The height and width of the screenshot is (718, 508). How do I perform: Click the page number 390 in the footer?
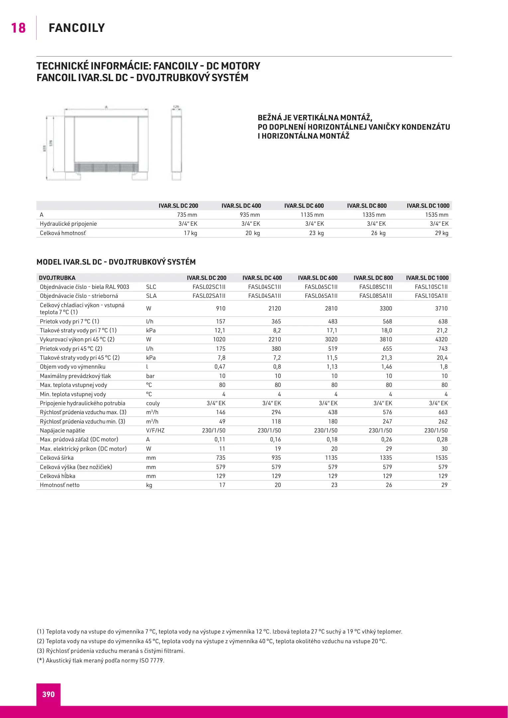click(48, 694)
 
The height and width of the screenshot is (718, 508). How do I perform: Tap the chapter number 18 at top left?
click(18, 28)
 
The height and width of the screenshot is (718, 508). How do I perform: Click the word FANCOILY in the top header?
click(77, 28)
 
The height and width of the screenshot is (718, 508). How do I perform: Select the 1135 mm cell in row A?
click(312, 215)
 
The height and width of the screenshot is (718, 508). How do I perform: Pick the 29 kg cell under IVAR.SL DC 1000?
click(442, 233)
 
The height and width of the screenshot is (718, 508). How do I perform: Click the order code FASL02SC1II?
click(209, 287)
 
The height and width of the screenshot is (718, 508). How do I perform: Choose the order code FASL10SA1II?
click(431, 296)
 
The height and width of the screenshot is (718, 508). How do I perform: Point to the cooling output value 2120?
click(275, 308)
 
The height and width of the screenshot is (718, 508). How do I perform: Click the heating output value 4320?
click(441, 339)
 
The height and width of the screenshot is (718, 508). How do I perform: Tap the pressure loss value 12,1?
click(220, 330)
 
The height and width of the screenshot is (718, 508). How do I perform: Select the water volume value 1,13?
click(332, 367)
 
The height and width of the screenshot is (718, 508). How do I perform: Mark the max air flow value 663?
click(443, 412)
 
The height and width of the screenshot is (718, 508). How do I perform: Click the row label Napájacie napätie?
click(62, 430)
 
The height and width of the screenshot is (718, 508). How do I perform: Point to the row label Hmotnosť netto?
click(60, 485)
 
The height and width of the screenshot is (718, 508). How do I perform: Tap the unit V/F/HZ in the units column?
click(155, 430)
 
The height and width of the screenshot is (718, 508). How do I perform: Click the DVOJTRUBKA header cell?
click(57, 278)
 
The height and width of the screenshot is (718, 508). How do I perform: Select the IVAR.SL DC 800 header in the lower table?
click(373, 278)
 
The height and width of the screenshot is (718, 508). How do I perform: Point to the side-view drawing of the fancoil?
click(176, 143)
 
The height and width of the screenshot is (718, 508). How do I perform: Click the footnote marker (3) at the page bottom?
click(40, 651)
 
